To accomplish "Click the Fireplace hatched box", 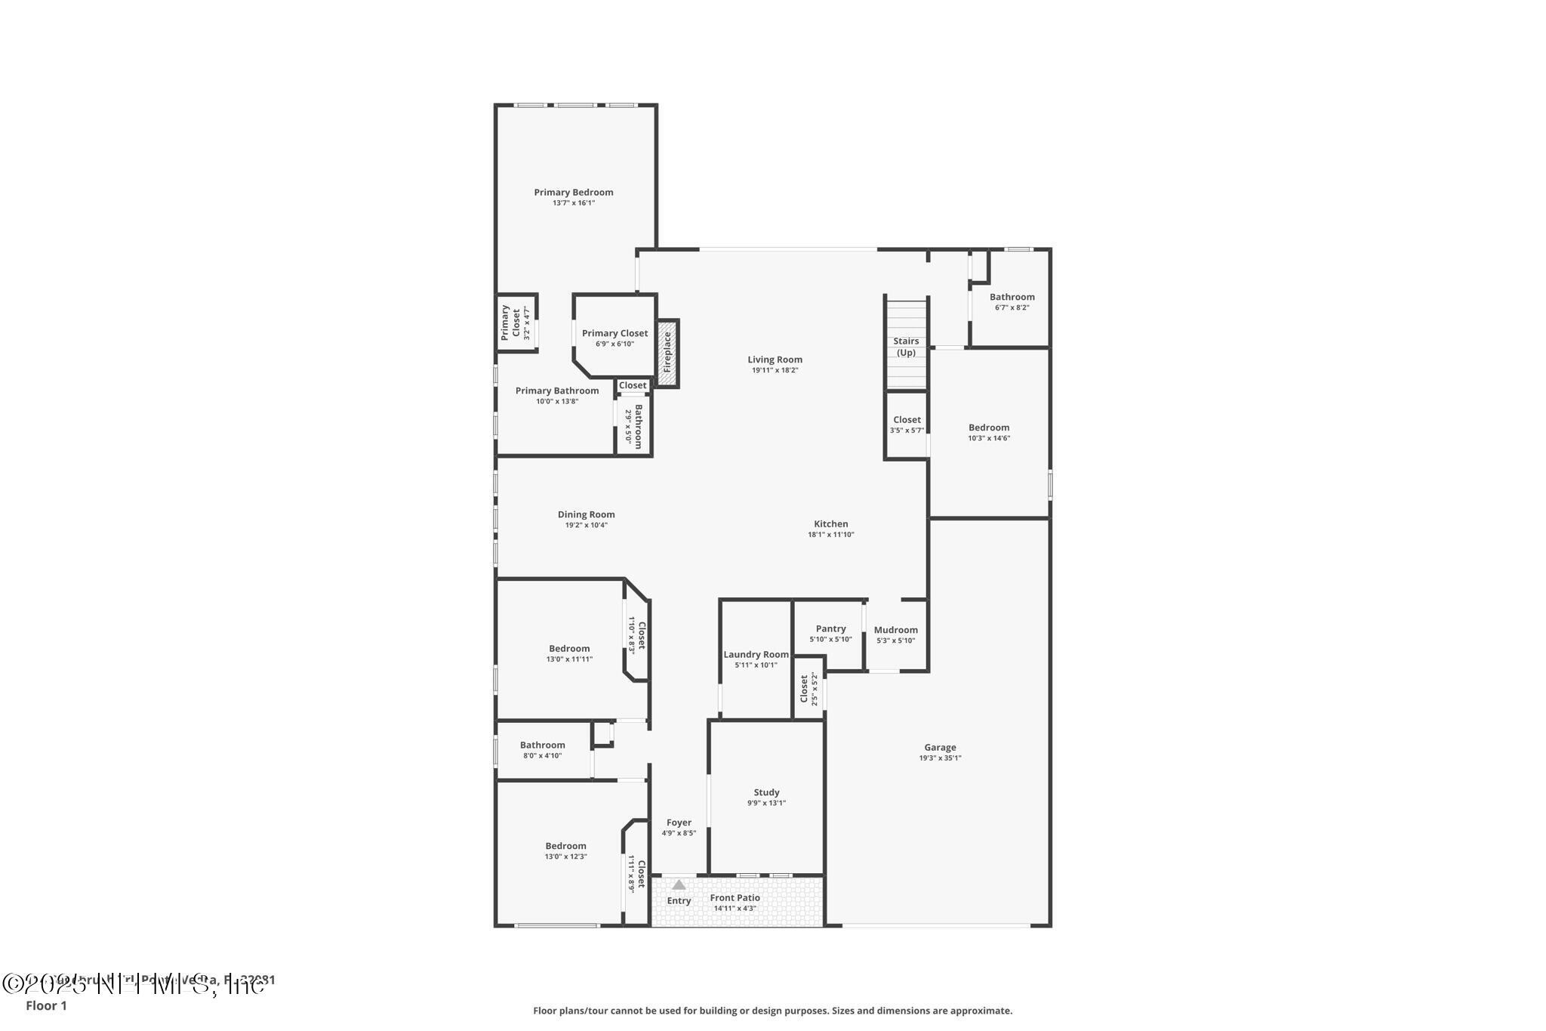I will pos(667,353).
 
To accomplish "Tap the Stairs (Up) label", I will pos(906,347).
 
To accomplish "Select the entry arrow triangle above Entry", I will pos(679,884).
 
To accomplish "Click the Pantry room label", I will pos(830,628).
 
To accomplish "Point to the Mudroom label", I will pos(896,630).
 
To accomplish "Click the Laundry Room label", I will pos(756,655).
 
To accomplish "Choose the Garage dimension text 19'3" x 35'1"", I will pos(940,758).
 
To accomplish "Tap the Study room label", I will pos(766,792).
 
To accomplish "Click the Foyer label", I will pos(679,823).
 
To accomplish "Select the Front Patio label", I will pos(735,897).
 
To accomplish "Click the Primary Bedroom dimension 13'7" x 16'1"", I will pos(574,203).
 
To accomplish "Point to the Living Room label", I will pos(775,360).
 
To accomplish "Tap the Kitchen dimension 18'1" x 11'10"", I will pos(830,535).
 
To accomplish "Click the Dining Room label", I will pos(586,514).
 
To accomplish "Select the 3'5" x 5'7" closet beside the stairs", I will pos(907,424).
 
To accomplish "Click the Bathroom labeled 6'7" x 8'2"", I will pos(1012,301).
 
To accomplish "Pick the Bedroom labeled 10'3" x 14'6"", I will pos(989,432).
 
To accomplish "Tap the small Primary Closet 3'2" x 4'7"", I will pos(516,323).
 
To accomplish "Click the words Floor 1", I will pos(46,1005).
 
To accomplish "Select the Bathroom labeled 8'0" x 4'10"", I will pos(542,749).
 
